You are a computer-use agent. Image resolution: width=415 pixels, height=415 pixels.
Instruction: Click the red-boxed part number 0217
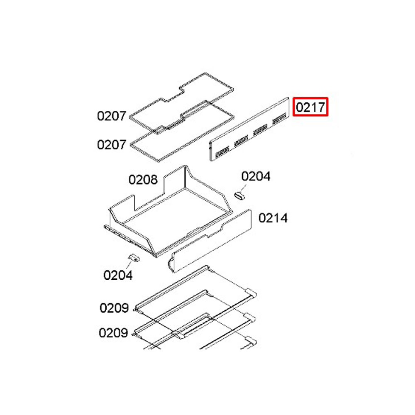(x=310, y=107)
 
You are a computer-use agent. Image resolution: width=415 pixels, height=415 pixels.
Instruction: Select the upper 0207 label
(x=111, y=116)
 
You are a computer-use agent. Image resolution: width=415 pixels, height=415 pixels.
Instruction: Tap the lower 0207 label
(x=111, y=144)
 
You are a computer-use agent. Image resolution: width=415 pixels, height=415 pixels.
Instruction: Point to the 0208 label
(x=143, y=180)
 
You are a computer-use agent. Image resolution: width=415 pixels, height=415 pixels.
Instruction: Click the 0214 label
(x=273, y=218)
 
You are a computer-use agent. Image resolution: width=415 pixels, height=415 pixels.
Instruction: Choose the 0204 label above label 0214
(x=256, y=176)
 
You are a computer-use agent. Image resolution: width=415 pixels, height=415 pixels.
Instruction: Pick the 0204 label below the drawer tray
(x=118, y=275)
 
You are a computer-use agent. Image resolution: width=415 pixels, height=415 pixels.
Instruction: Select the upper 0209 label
(x=114, y=308)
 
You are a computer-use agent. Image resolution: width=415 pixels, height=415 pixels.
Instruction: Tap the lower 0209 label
(x=113, y=333)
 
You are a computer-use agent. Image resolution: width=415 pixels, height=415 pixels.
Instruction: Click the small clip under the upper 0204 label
(x=239, y=196)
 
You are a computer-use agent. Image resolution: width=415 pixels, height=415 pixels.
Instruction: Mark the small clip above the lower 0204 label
(x=134, y=258)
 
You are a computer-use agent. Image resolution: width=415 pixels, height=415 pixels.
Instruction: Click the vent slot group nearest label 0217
(x=279, y=118)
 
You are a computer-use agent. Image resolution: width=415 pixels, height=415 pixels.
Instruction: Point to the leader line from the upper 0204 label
(x=243, y=188)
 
